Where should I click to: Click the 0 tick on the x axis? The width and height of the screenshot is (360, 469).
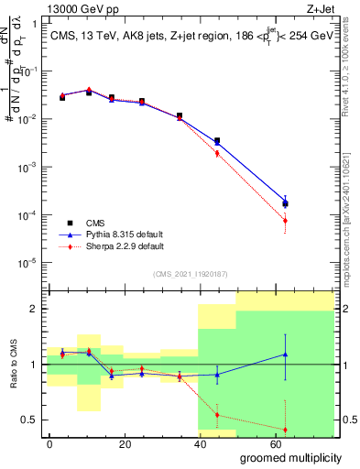pos(49,443)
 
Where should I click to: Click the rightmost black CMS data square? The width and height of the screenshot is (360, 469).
pos(285,204)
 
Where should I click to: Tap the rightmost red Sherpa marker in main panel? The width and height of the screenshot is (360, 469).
pos(285,221)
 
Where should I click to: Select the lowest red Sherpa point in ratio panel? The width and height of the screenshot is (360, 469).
pos(285,430)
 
